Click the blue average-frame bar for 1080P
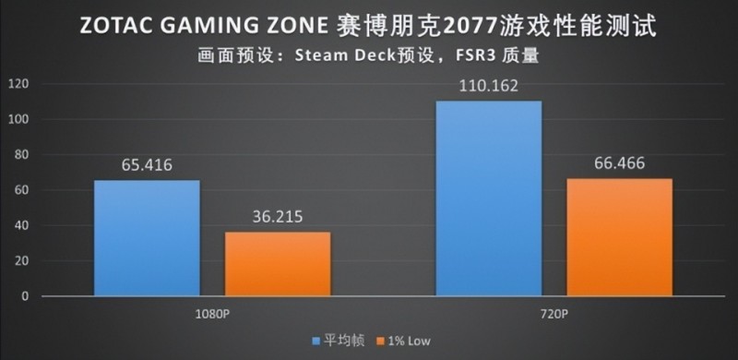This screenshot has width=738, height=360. click(x=147, y=238)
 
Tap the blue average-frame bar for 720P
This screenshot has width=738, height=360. click(x=488, y=198)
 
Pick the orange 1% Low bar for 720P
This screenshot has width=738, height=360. click(x=619, y=237)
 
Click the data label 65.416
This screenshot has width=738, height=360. click(x=147, y=166)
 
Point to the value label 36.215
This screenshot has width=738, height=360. click(x=278, y=219)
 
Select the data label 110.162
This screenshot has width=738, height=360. click(x=488, y=87)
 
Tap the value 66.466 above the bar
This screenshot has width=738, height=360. click(x=619, y=165)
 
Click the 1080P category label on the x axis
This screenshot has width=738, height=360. click(x=211, y=313)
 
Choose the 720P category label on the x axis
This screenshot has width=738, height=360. click(x=553, y=313)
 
